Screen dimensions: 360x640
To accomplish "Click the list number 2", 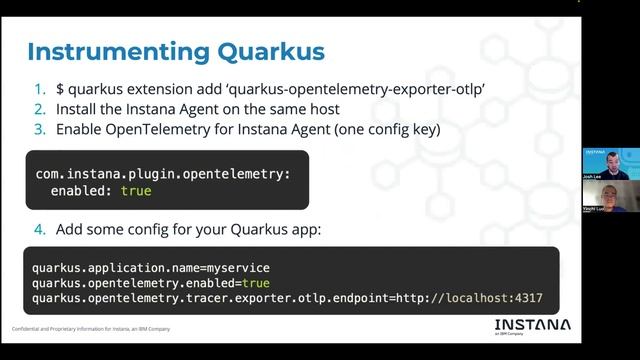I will point(40,109).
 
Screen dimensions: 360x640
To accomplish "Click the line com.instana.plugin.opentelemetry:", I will point(163,173).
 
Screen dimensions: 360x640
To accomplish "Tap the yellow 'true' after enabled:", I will point(136,189).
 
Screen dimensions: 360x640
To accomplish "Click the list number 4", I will point(40,229).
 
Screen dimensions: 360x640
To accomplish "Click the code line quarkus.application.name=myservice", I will point(151,268).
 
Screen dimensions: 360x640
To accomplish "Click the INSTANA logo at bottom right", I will point(532,325).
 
